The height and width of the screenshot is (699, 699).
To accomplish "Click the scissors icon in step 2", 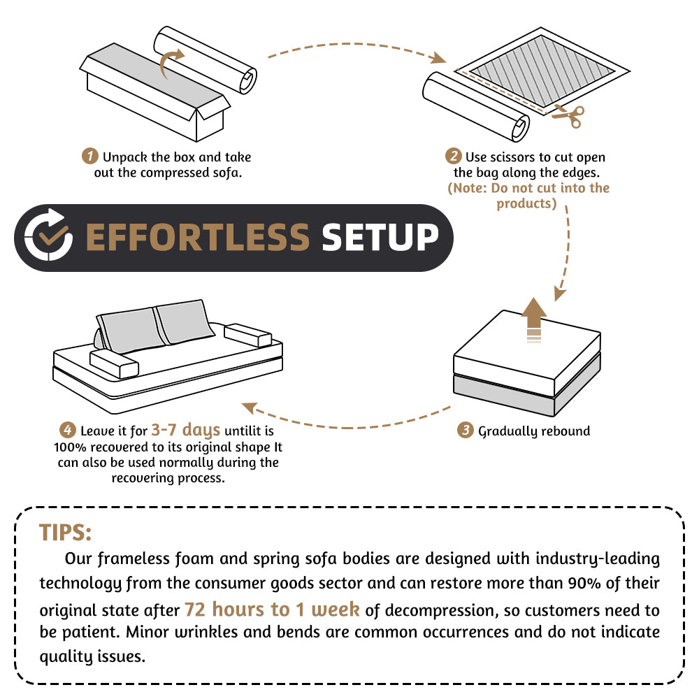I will [x=568, y=117].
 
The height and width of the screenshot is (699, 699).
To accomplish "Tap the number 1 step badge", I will [x=89, y=156].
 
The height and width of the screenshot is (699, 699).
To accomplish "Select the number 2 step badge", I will [x=454, y=156].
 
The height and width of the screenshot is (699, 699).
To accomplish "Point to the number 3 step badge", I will [x=466, y=430].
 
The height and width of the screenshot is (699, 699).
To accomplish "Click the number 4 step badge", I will [x=67, y=430].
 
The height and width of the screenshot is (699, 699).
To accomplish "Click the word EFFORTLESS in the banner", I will [x=196, y=238].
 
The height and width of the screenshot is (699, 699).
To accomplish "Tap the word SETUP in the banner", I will [x=380, y=238].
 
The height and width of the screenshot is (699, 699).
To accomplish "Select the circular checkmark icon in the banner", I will [x=48, y=238].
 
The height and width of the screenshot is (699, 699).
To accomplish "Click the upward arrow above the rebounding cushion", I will [x=535, y=318].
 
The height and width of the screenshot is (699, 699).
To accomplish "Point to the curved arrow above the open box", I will [x=171, y=63].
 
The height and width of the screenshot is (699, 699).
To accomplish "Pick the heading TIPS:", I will [x=65, y=532].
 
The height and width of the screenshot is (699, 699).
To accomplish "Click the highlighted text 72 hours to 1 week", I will [x=272, y=609].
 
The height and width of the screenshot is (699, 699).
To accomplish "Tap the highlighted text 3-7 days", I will [x=185, y=429].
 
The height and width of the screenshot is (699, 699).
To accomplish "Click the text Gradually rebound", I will [x=534, y=431].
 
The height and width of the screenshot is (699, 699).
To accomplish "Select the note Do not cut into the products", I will [x=528, y=196].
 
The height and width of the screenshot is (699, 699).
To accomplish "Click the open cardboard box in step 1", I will [x=150, y=98].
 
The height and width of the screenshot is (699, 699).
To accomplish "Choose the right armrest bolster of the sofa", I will [x=244, y=336].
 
